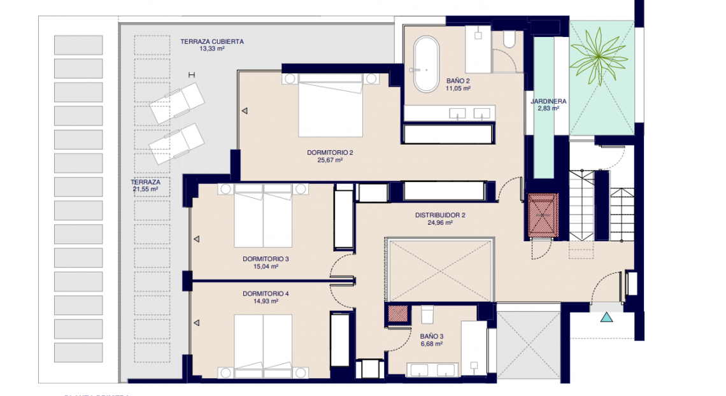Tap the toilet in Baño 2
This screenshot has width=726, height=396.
508,40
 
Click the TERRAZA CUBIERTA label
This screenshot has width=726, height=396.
211,41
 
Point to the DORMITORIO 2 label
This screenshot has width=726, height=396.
329,152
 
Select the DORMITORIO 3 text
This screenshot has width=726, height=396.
266,259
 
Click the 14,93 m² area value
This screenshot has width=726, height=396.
266,301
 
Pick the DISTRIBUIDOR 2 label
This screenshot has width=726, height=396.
440,215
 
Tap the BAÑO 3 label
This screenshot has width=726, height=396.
431,336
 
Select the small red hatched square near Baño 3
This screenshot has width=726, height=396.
398,313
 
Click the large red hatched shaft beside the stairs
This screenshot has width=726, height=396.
543,215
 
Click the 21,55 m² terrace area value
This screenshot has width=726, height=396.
145,189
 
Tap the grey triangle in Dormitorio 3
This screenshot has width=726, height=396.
197,239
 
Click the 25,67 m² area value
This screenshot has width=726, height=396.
329,160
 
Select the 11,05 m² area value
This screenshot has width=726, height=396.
457,88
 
